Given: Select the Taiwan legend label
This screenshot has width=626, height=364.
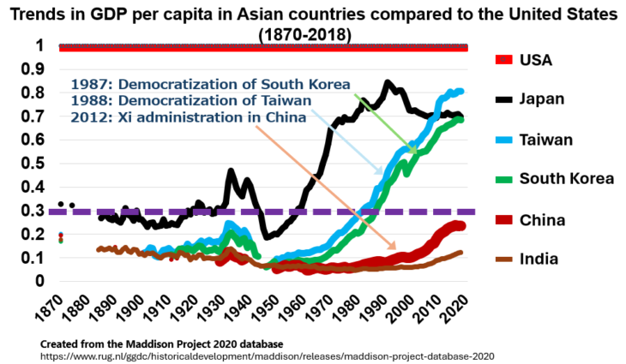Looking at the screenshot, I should coord(548,139).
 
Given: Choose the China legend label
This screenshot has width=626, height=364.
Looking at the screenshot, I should coord(543,219).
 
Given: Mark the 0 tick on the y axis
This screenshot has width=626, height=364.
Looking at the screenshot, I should coord(40,281).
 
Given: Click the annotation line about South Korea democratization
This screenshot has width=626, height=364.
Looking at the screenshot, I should coord(210,85).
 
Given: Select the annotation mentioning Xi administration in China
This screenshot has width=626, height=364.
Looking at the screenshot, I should coord(188,117).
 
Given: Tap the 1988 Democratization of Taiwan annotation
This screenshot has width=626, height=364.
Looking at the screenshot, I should coord(193,101).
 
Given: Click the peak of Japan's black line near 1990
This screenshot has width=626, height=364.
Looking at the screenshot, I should coord(388,83).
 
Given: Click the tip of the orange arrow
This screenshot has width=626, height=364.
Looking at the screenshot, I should coord(395,249).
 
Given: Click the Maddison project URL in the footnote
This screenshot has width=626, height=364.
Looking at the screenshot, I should coord(268,355).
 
